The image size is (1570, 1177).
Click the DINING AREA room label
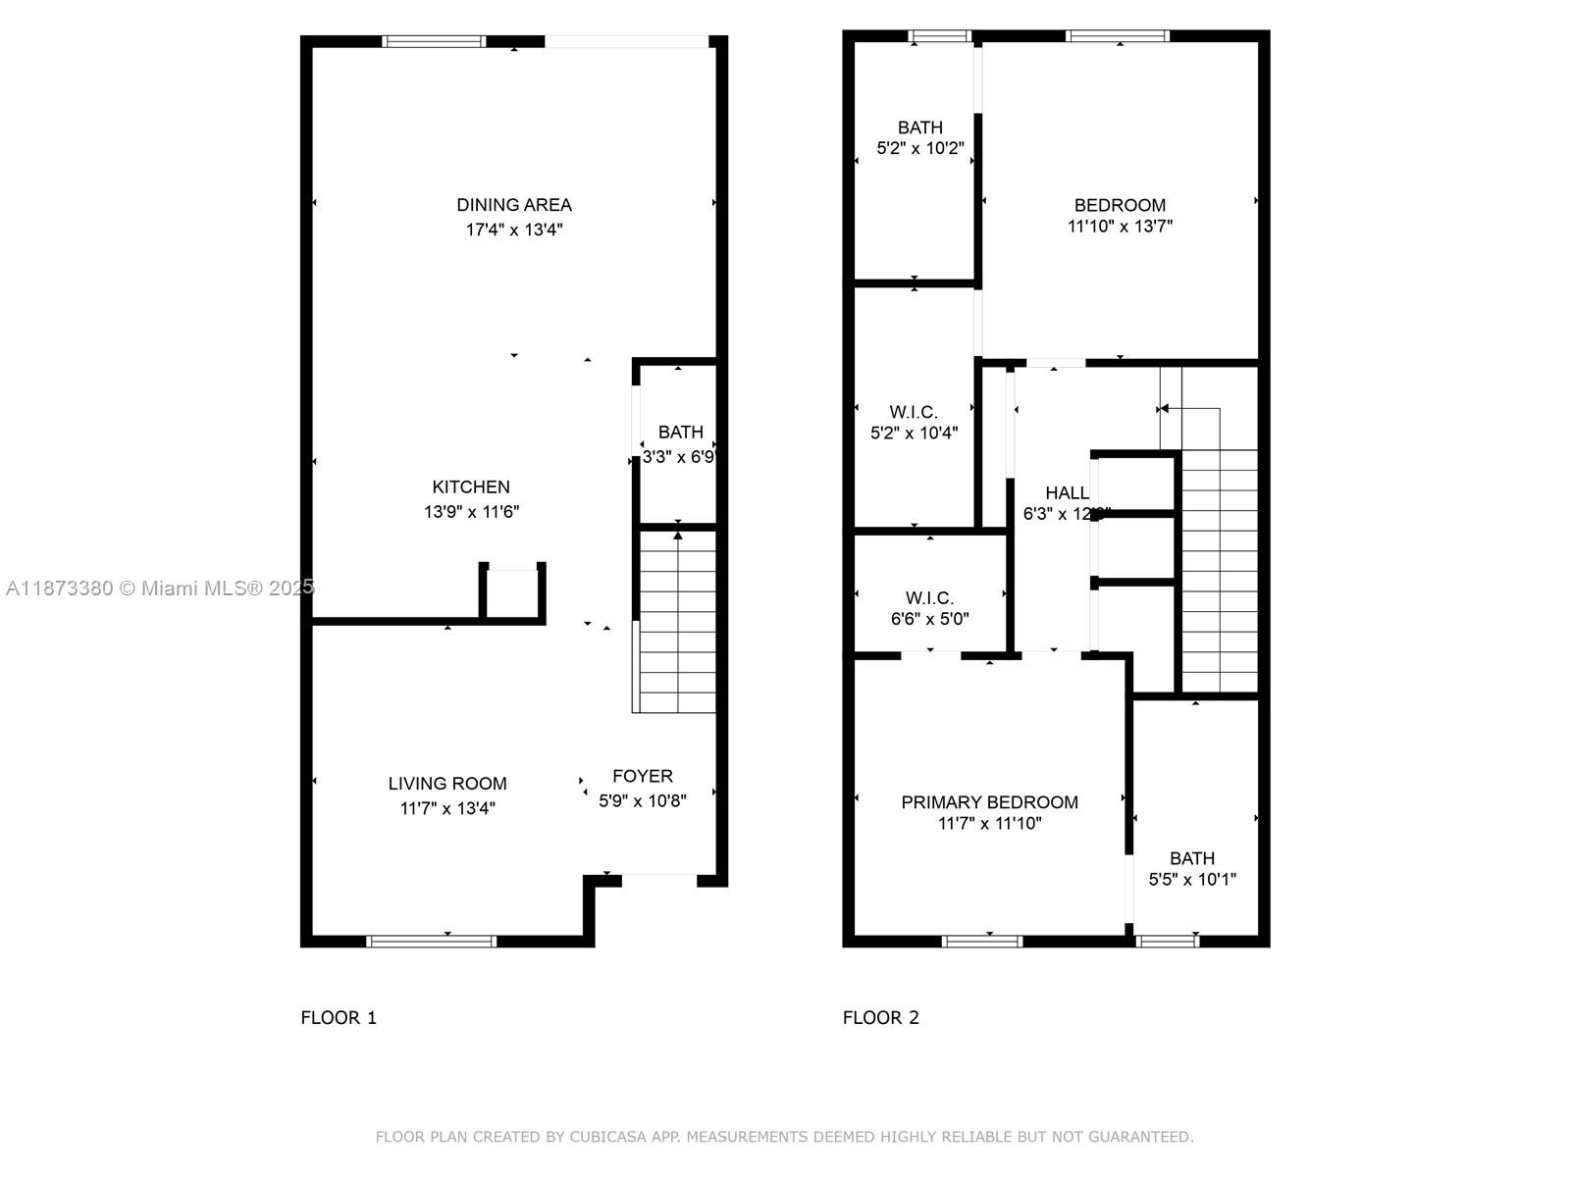[x=514, y=205]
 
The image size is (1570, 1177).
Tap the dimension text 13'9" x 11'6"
[x=471, y=512]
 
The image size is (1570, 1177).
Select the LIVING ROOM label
[x=447, y=784]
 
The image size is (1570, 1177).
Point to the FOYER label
[x=643, y=776]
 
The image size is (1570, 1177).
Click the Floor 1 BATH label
[x=680, y=432]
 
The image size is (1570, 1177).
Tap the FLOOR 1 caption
[x=339, y=1018]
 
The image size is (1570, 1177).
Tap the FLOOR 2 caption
[x=881, y=1018]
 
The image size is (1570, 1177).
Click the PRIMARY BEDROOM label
[x=989, y=802]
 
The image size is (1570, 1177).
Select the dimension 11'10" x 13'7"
[x=1120, y=227]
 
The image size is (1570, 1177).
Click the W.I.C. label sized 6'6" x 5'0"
[x=929, y=598]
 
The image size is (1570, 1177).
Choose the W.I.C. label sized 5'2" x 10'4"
[x=914, y=412]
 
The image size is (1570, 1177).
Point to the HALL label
[x=1066, y=493]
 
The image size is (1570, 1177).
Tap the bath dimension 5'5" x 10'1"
[x=1192, y=880]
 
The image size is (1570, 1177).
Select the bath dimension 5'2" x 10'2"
[x=920, y=149]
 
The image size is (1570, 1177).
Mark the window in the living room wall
[x=432, y=942]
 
